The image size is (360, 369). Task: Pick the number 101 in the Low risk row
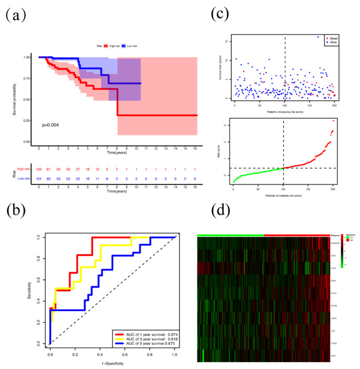coord(39,179)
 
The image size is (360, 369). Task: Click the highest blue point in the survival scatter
coord(318,37)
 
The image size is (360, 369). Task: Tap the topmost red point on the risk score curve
coord(334,120)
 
